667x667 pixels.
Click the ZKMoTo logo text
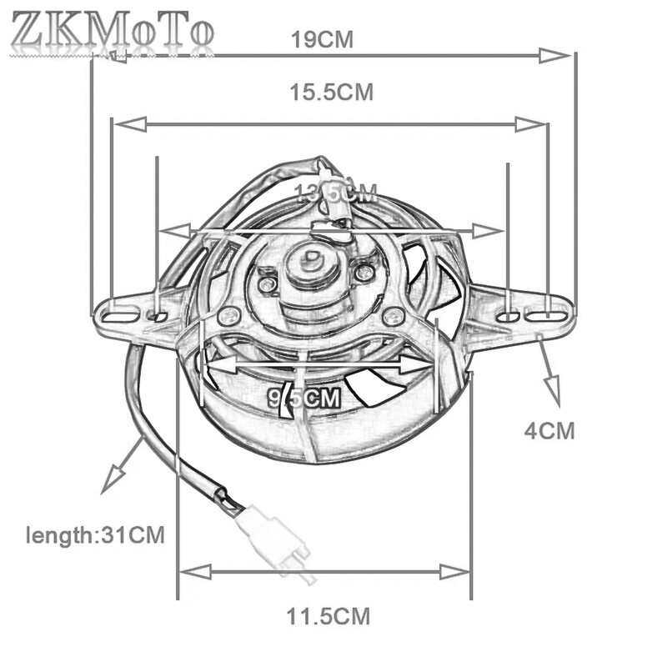113,32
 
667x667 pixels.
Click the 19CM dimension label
322,38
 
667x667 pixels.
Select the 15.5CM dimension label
331,93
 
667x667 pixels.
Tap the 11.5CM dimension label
328,618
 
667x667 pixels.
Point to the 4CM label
549,431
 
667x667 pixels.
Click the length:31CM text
95,534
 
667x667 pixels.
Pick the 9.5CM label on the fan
305,398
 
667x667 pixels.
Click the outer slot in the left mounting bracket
119,315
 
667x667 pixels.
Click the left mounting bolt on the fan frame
228,316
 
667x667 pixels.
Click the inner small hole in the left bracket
156,316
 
